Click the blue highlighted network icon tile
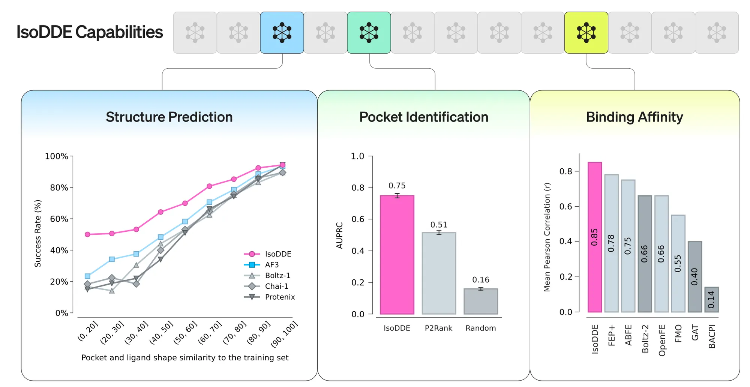point(282,33)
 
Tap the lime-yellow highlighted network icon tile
point(586,33)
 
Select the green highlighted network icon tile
point(369,33)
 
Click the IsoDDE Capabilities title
point(90,32)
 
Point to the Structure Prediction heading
point(169,117)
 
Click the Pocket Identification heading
point(424,117)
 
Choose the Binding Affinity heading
point(634,117)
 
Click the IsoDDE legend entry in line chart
point(277,254)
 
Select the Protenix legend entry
point(279,297)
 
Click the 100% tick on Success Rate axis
point(57,156)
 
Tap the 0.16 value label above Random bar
point(481,280)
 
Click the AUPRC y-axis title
point(340,235)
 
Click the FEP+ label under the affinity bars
point(612,335)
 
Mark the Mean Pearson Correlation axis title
point(547,237)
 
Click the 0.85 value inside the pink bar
point(594,237)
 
